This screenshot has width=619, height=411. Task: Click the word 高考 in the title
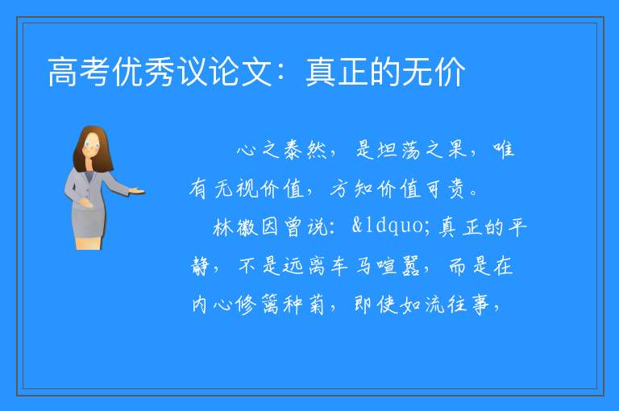click(78, 72)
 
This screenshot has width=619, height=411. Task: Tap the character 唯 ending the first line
click(503, 149)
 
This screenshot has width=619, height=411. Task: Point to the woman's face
click(92, 145)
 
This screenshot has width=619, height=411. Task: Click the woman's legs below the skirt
click(89, 243)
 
